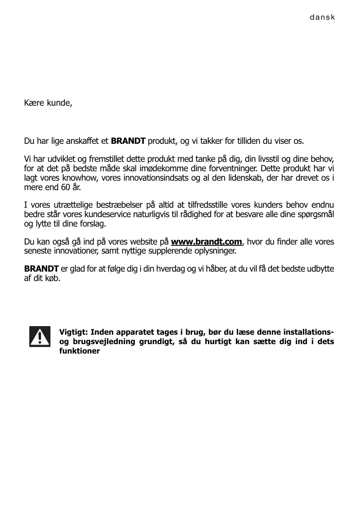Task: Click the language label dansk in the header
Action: (323, 18)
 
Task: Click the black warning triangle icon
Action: (40, 336)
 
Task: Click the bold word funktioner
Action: (80, 352)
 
